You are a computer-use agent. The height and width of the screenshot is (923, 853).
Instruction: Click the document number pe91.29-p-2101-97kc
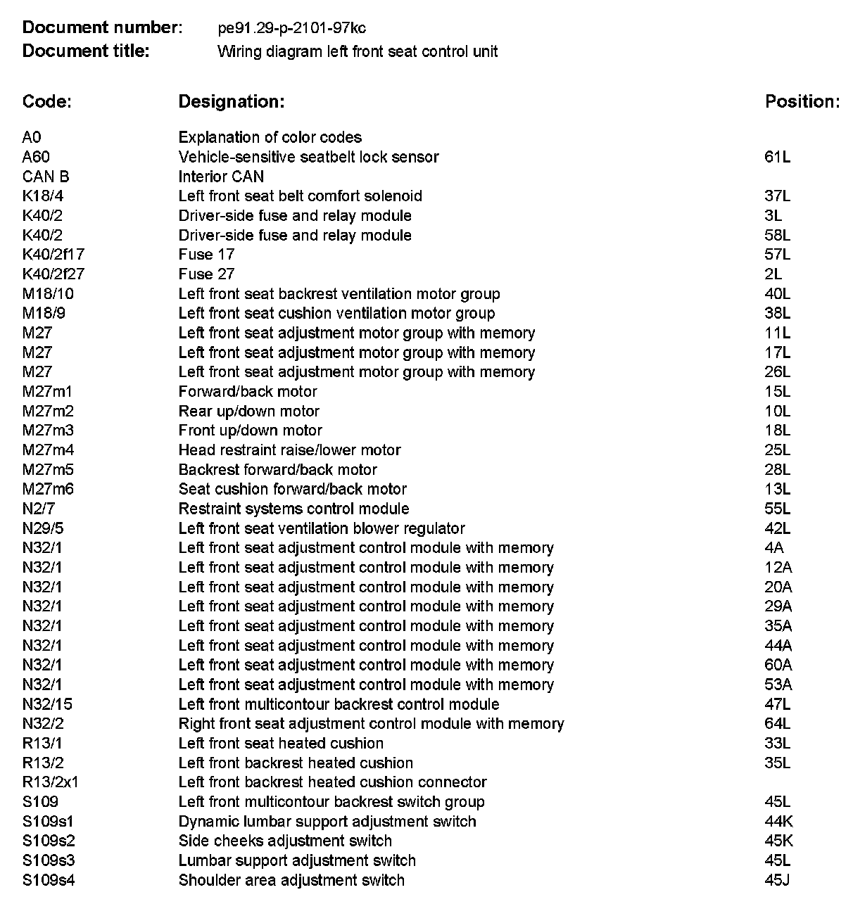pyautogui.click(x=292, y=28)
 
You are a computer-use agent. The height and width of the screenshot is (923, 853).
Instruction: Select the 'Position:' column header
pyautogui.click(x=802, y=101)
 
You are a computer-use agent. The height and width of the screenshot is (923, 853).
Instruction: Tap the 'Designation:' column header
pyautogui.click(x=231, y=101)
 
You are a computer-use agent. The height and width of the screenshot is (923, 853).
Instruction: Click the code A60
pyautogui.click(x=36, y=157)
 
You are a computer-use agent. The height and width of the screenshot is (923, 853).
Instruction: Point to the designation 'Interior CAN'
pyautogui.click(x=221, y=177)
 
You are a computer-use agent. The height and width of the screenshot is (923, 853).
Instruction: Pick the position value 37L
pyautogui.click(x=777, y=196)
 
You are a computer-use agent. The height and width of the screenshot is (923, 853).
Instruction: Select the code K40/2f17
pyautogui.click(x=53, y=255)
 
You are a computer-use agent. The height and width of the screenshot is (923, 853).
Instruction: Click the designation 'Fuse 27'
pyautogui.click(x=206, y=274)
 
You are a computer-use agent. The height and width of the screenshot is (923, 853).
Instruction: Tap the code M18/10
pyautogui.click(x=48, y=294)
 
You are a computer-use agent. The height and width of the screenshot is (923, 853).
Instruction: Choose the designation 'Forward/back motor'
pyautogui.click(x=248, y=392)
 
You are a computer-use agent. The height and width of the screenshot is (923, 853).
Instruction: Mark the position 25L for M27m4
pyautogui.click(x=777, y=450)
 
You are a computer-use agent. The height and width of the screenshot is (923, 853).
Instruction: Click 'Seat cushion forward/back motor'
pyautogui.click(x=292, y=490)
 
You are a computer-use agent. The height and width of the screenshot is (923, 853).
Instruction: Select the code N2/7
pyautogui.click(x=38, y=509)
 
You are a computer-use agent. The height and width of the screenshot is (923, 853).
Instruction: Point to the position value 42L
pyautogui.click(x=777, y=528)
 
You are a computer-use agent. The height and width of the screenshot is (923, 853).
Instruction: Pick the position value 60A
pyautogui.click(x=778, y=666)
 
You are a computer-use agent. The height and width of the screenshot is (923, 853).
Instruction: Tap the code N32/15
pyautogui.click(x=47, y=704)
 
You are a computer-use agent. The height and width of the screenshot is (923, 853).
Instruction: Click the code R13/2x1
pyautogui.click(x=50, y=782)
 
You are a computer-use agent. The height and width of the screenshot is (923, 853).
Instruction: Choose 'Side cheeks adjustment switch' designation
pyautogui.click(x=285, y=841)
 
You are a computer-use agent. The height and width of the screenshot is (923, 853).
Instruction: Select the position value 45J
pyautogui.click(x=777, y=880)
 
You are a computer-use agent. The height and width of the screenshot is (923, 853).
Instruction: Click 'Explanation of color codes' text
pyautogui.click(x=270, y=137)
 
